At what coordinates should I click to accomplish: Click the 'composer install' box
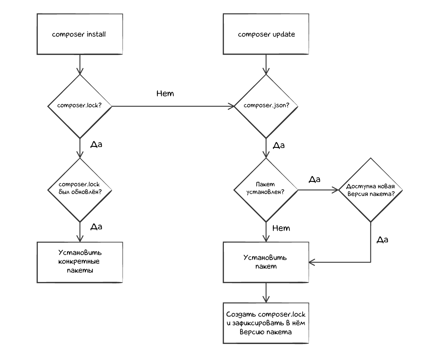(79, 34)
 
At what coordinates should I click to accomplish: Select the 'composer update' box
(266, 34)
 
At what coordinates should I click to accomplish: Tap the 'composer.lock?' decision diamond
(79, 106)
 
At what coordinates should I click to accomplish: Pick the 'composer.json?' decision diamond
(266, 106)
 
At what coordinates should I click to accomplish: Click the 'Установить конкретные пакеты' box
(79, 262)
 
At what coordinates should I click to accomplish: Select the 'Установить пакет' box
(266, 262)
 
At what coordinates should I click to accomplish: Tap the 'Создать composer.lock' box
(266, 323)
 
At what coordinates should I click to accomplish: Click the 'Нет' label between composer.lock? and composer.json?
(165, 94)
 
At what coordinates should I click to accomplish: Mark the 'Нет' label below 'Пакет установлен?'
(281, 228)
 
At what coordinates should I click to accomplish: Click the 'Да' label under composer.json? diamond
(279, 146)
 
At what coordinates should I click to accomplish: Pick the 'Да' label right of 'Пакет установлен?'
(314, 179)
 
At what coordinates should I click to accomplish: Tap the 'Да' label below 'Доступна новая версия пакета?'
(382, 240)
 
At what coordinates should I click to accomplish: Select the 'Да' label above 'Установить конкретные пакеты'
(96, 227)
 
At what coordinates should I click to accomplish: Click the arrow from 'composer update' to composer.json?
(266, 64)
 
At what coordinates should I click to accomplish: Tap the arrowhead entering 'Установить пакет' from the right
(312, 262)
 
